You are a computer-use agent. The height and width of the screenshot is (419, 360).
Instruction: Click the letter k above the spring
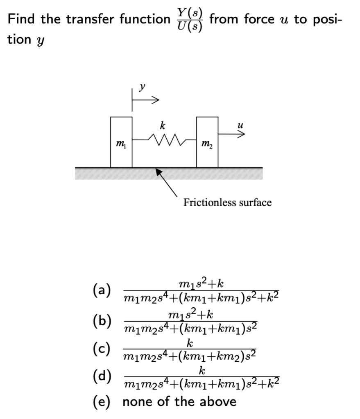pyautogui.click(x=163, y=126)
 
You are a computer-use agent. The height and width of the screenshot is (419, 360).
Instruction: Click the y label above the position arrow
pyautogui.click(x=142, y=86)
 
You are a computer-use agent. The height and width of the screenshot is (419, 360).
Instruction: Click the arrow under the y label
pyautogui.click(x=145, y=99)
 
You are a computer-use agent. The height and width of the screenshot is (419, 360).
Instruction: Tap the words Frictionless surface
pyautogui.click(x=227, y=203)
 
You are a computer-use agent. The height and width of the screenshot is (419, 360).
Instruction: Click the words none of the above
pyautogui.click(x=179, y=401)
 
